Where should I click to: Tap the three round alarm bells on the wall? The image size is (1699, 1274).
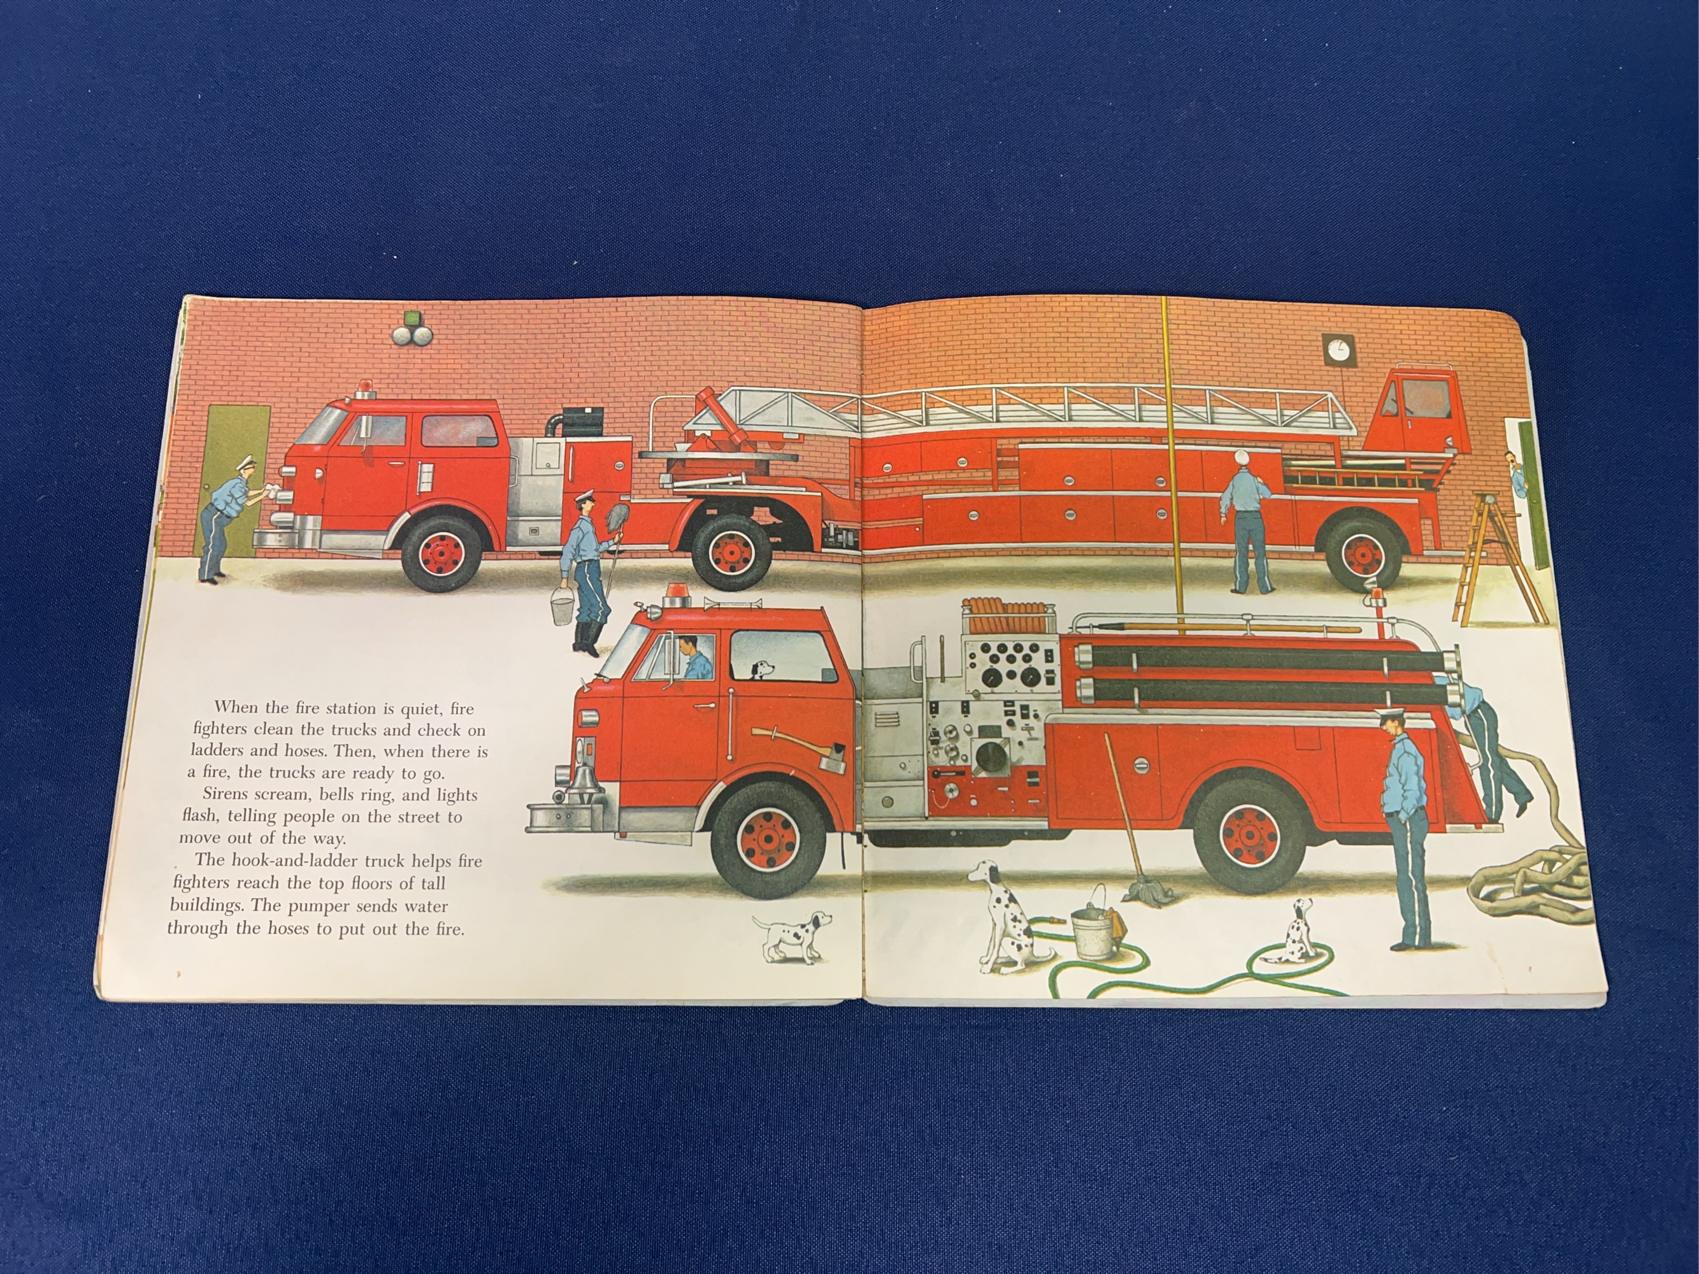click(412, 334)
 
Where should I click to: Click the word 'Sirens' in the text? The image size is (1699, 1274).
click(229, 795)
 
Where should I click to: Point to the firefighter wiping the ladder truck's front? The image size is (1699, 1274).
click(228, 516)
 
